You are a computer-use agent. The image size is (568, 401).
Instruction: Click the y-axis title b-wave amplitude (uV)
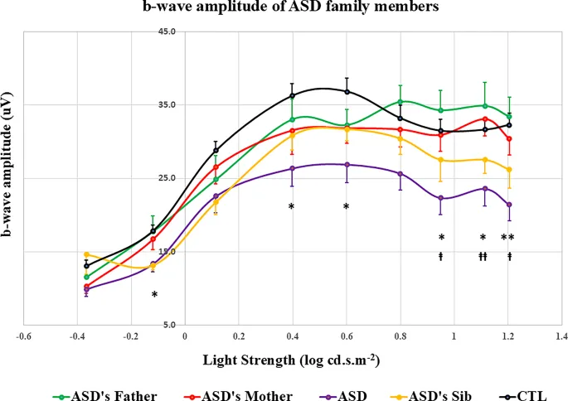pyautogui.click(x=11, y=177)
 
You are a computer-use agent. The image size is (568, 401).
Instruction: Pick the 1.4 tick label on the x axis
pyautogui.click(x=562, y=337)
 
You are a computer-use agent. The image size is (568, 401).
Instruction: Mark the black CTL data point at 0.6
pyautogui.click(x=347, y=91)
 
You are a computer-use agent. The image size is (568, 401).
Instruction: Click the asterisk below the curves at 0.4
pyautogui.click(x=292, y=206)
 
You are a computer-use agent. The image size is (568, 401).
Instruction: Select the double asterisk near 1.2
pyautogui.click(x=508, y=238)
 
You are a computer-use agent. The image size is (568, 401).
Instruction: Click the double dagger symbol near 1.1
pyautogui.click(x=482, y=257)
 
